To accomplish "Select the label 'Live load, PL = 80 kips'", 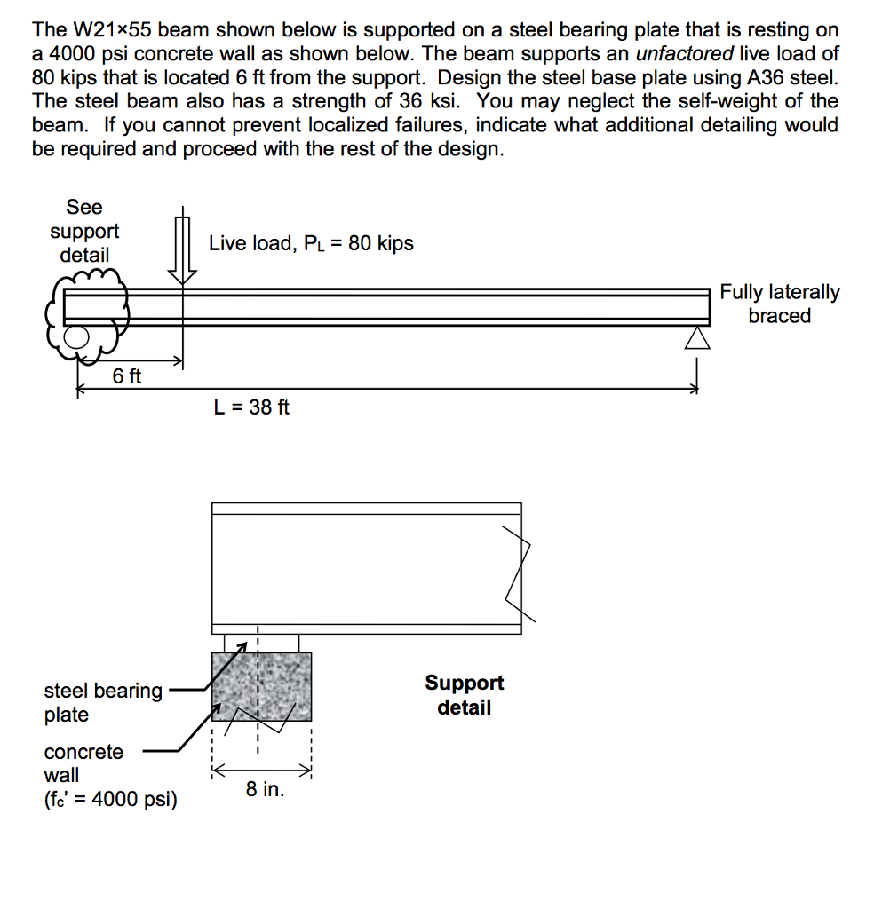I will point(311,243).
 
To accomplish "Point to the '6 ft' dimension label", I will point(127,376).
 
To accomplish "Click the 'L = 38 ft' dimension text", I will point(251,407).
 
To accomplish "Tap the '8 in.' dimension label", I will point(265,789).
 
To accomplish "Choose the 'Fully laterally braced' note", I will point(779,304).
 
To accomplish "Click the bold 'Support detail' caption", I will point(464,695).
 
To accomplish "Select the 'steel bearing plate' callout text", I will point(103,702).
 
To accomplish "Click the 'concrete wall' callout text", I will point(83,763).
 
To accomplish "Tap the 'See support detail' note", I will point(84,231).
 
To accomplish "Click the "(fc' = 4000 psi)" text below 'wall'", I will point(110,800).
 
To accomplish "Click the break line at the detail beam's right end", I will point(518,573).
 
